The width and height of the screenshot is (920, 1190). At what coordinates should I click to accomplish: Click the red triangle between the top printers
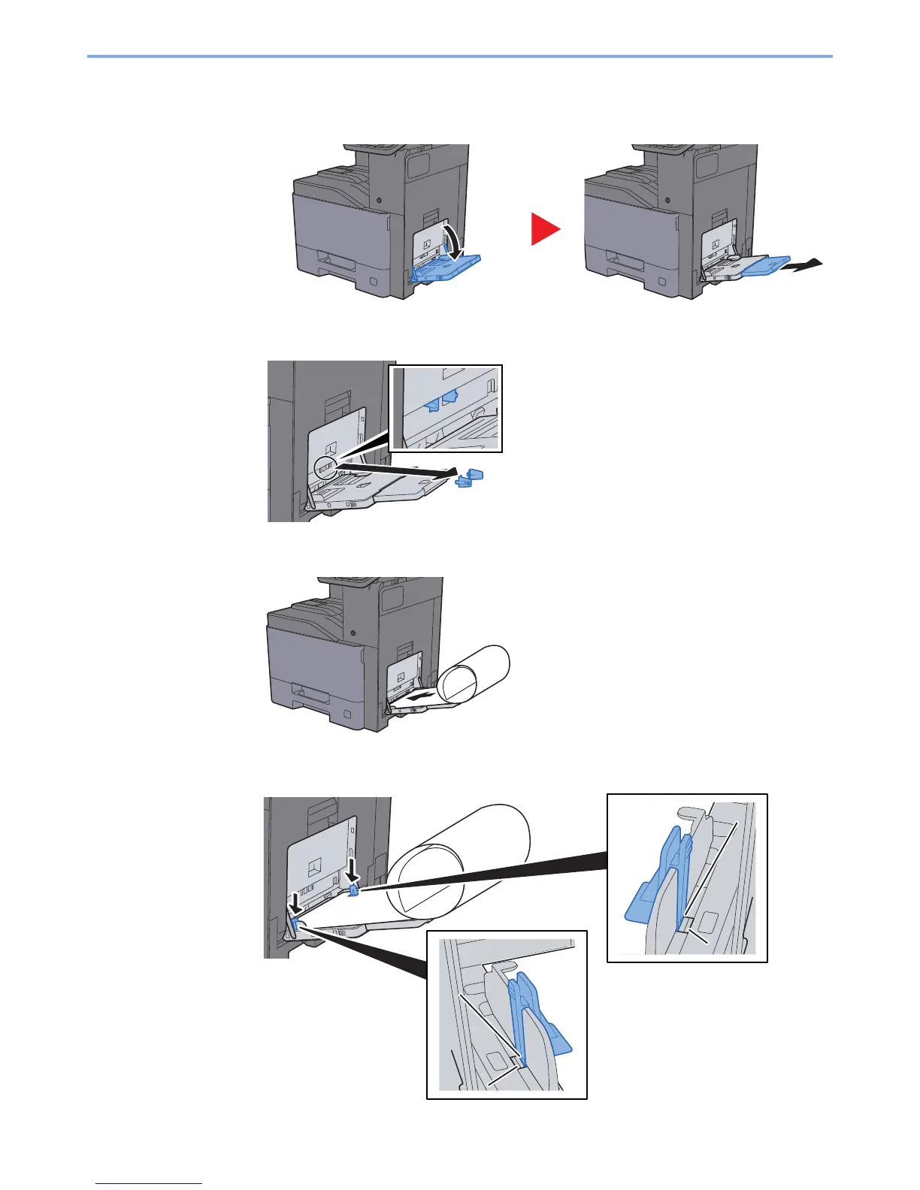[544, 228]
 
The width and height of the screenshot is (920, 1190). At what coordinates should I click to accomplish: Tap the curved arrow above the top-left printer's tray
[454, 240]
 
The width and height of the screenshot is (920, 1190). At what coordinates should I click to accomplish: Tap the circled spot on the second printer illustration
[327, 468]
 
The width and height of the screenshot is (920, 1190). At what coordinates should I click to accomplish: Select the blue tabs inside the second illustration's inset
[440, 400]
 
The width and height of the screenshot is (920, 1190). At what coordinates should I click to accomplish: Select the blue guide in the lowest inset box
[537, 1014]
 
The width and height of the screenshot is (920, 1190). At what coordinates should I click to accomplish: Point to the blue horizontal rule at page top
[459, 56]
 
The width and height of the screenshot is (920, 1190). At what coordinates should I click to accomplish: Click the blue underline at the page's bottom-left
[150, 1183]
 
